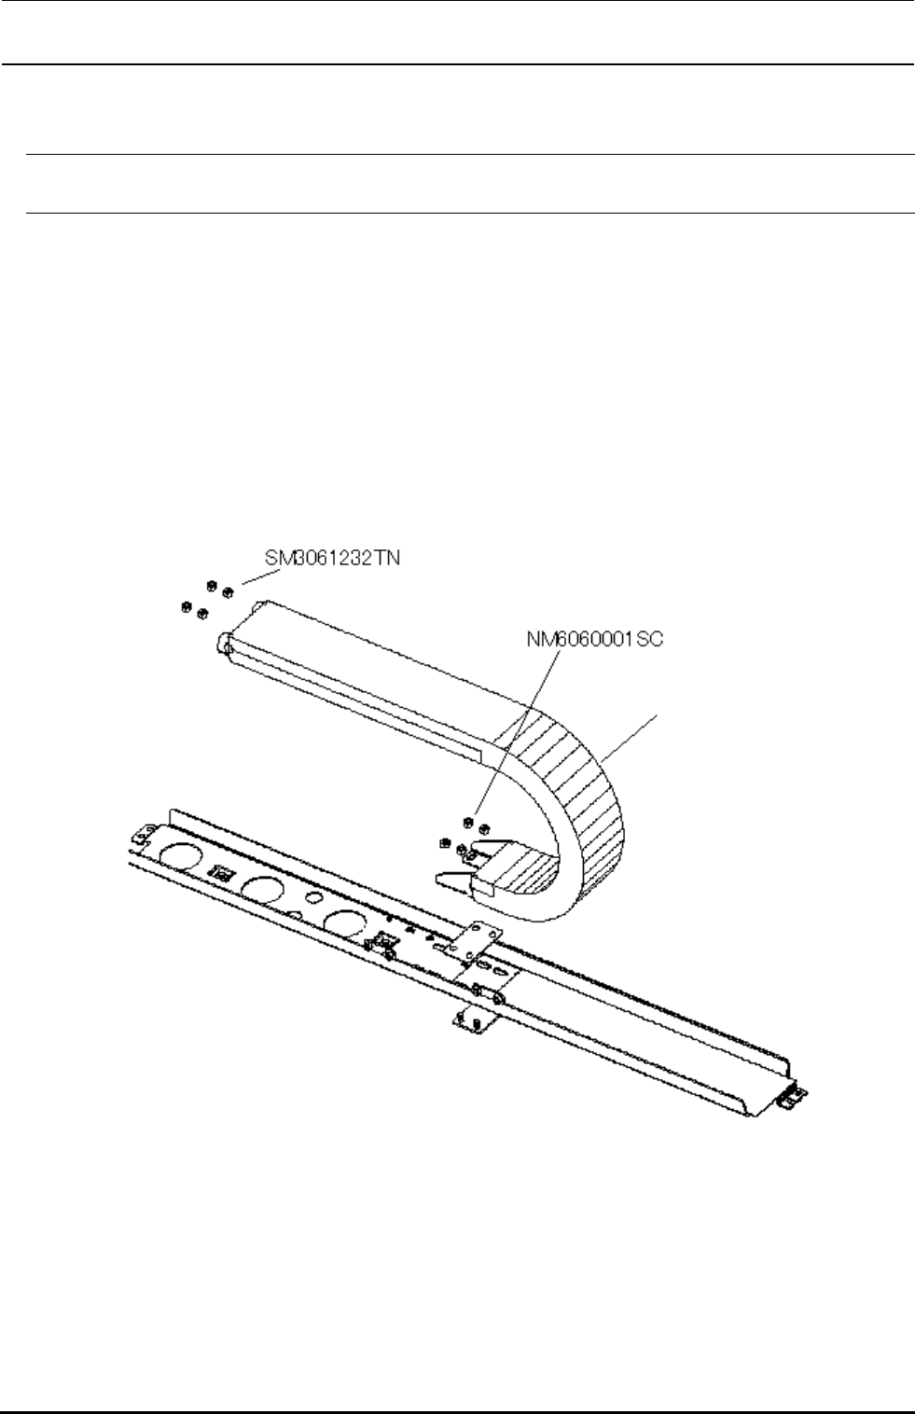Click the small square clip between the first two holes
coord(222,873)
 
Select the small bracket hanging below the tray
coord(470,1020)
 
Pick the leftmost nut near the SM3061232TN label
coord(185,608)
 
